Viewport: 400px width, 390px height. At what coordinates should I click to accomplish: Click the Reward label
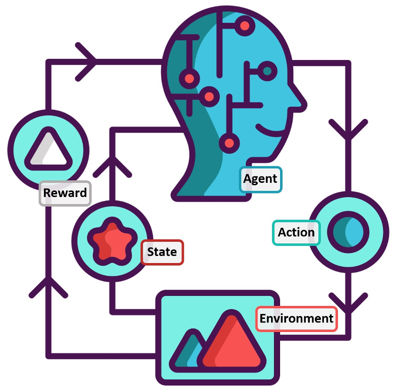(65, 193)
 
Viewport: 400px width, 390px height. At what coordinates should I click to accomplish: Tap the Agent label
(260, 179)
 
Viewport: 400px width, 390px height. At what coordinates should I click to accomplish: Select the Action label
(296, 232)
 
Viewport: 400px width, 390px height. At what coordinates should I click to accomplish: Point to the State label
(162, 252)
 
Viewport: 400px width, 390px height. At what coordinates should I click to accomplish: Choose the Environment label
(296, 318)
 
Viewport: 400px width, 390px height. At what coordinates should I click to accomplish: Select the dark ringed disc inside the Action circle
(348, 232)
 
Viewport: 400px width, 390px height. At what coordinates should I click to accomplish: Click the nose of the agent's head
(300, 103)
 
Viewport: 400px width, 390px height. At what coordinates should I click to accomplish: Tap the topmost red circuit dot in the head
(245, 25)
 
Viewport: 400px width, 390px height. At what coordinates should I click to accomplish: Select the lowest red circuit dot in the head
(230, 143)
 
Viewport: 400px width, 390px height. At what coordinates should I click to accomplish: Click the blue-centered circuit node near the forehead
(267, 71)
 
